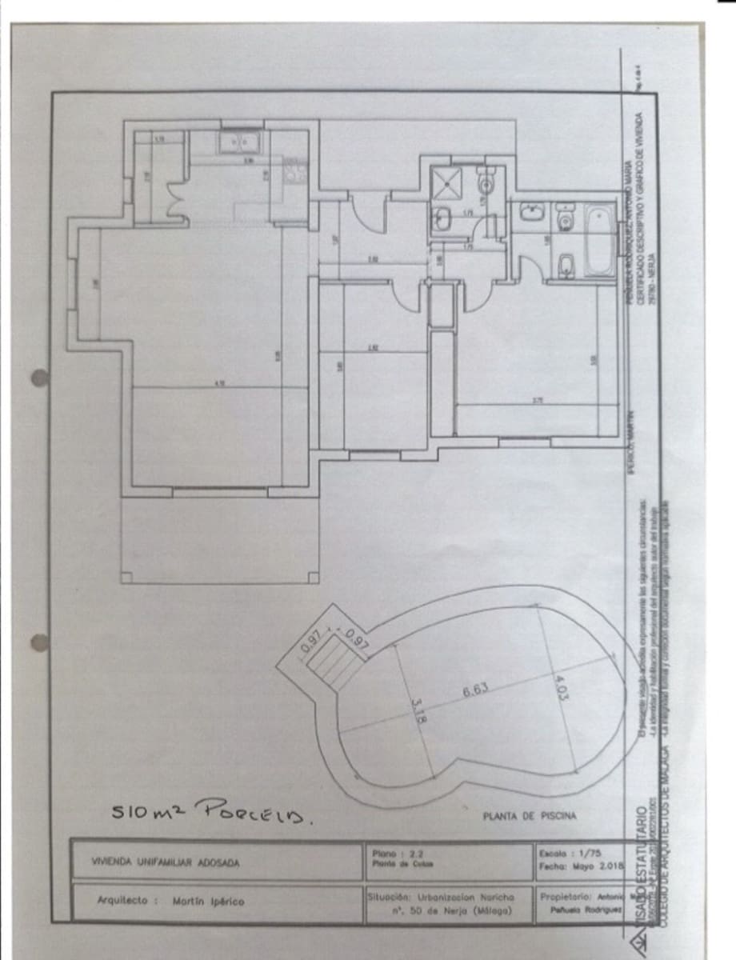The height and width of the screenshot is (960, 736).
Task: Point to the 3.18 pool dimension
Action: (x=414, y=710)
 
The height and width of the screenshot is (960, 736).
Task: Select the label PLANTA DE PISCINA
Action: (x=529, y=817)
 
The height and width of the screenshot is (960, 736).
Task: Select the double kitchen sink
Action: (x=239, y=142)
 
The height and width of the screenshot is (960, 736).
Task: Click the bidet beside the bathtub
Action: (x=566, y=266)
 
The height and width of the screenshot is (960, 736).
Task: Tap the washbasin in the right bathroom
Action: (x=530, y=212)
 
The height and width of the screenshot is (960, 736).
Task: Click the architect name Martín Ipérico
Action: (x=209, y=901)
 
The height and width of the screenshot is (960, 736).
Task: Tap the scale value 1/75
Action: (x=589, y=853)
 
